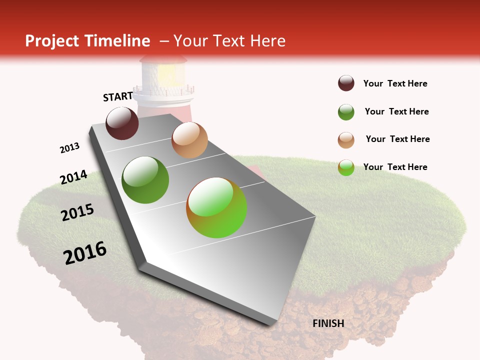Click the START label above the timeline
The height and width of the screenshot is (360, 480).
pos(118,96)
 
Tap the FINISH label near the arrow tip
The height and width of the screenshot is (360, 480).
pos(328,323)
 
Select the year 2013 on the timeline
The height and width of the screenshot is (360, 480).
pos(70,148)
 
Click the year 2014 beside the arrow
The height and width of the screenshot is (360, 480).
pos(73,177)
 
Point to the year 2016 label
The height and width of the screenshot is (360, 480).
pos(85,253)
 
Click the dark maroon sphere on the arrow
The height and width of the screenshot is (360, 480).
pos(122,123)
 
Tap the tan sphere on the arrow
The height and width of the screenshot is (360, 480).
pos(189,140)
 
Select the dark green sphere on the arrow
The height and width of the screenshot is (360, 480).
pos(145,180)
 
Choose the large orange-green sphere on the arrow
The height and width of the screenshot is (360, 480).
pos(216,207)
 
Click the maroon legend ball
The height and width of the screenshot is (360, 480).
pos(346,83)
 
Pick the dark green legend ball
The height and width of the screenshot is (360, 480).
pos(346,112)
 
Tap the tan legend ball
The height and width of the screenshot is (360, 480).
pos(346,140)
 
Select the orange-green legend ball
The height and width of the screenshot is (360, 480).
pos(346,167)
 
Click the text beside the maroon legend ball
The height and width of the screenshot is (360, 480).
pos(395,84)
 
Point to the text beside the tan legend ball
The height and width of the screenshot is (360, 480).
pos(397,139)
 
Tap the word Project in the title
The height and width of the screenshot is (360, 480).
pos(51,41)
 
